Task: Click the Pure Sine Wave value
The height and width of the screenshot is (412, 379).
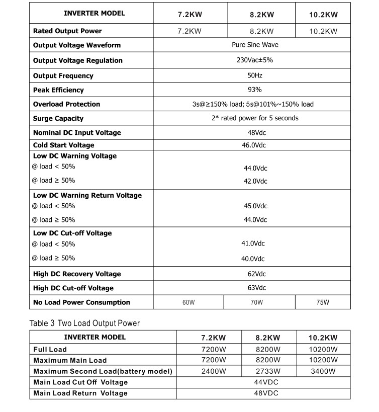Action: point(255,45)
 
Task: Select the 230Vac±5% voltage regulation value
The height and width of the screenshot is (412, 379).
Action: point(255,60)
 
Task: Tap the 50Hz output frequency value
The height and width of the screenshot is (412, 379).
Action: point(255,75)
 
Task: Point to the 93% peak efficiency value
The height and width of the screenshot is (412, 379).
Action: point(255,90)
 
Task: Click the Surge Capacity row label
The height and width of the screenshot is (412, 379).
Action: point(58,118)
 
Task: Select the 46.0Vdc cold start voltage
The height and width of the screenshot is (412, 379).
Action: point(254,145)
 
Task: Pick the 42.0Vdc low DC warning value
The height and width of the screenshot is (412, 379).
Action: point(255,181)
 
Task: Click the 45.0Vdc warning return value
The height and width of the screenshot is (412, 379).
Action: point(255,206)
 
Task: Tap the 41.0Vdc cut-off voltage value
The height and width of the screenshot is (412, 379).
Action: point(253,243)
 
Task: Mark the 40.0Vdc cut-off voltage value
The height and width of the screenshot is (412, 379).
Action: point(253,259)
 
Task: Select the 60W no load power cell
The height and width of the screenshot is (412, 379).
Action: point(188,302)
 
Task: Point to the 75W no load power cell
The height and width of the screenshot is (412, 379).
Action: point(323,302)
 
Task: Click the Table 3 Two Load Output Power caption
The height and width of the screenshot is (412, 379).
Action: point(84,323)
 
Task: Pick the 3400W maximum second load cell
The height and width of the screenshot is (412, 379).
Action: point(323,371)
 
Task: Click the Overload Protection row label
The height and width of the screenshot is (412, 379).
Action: point(66,104)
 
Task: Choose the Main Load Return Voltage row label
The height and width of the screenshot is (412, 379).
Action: point(80,393)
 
